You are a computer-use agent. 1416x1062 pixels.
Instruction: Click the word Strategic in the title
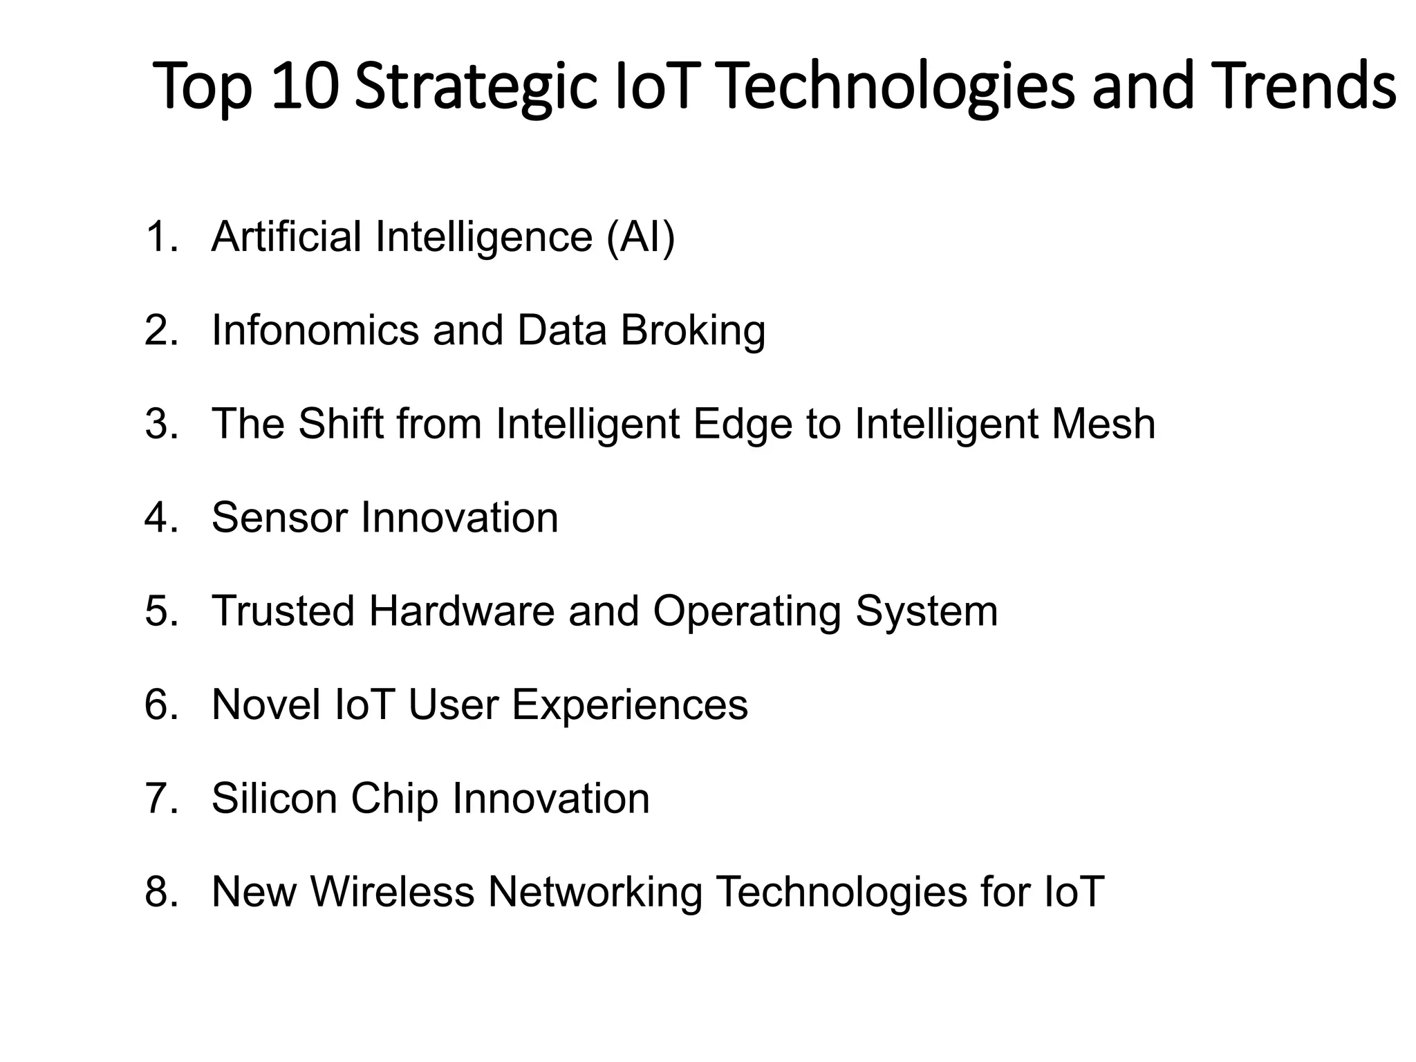point(476,87)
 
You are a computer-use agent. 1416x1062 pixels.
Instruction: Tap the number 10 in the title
point(305,87)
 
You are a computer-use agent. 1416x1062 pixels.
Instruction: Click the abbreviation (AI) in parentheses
point(640,237)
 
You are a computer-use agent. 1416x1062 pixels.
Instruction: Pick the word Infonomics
point(315,330)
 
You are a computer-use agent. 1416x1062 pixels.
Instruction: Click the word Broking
point(693,330)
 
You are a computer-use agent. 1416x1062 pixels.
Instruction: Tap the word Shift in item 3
point(341,424)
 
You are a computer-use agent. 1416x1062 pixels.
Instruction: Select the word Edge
point(742,425)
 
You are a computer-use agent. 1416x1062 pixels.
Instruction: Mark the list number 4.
point(160,518)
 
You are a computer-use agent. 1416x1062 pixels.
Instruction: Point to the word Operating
point(747,613)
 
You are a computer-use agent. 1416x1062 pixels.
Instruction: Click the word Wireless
point(392,892)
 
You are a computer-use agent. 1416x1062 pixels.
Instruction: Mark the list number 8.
point(160,892)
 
